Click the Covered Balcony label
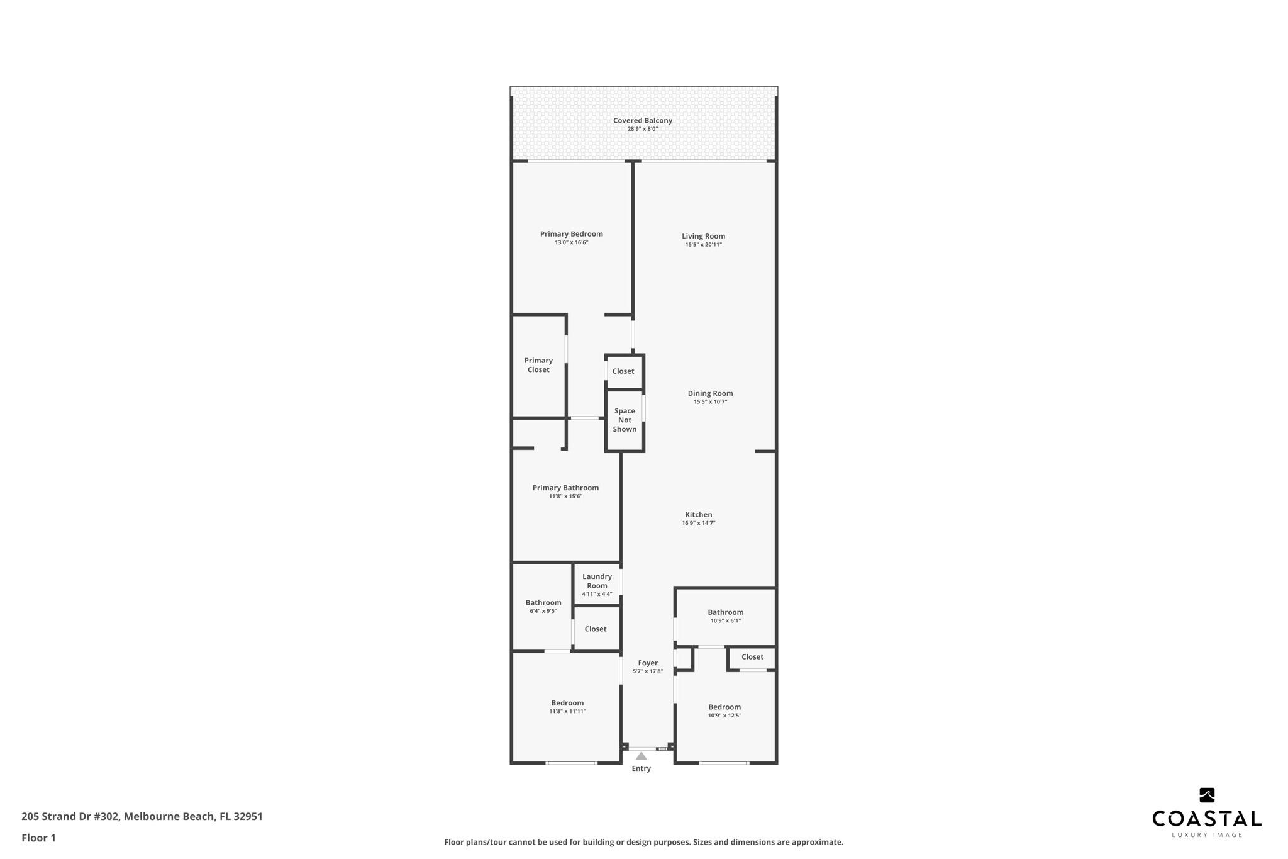click(x=642, y=120)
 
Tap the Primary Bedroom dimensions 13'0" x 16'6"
click(x=571, y=242)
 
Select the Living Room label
click(x=703, y=236)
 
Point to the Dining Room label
click(x=710, y=393)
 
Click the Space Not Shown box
click(x=625, y=420)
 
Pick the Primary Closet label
click(x=538, y=365)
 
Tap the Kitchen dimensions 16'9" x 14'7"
click(x=698, y=523)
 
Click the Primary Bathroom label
click(x=565, y=488)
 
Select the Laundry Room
click(x=597, y=583)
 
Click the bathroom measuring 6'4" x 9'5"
click(x=543, y=606)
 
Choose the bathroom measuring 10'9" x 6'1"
click(x=725, y=615)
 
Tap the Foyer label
click(x=648, y=663)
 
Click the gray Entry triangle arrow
click(x=641, y=756)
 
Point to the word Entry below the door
click(x=641, y=768)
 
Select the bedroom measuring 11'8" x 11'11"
click(x=567, y=706)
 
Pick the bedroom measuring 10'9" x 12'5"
click(x=724, y=710)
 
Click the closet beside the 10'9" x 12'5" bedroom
click(x=752, y=657)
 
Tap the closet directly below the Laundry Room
click(x=596, y=629)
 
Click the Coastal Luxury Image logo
click(x=1206, y=812)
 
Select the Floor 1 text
click(x=38, y=838)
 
